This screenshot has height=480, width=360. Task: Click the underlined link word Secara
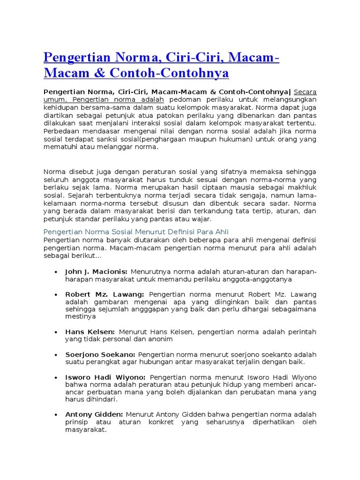coord(305,92)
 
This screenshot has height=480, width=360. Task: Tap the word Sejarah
coord(79,195)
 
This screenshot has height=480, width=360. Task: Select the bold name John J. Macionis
coord(96,271)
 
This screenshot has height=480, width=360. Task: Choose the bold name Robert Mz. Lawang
coord(105,294)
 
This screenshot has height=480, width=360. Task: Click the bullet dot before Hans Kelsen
coord(56,332)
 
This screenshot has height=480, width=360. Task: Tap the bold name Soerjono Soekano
coord(100,354)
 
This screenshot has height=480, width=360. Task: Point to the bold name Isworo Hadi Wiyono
coord(105,377)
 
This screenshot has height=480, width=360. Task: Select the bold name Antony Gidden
coord(94,414)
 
